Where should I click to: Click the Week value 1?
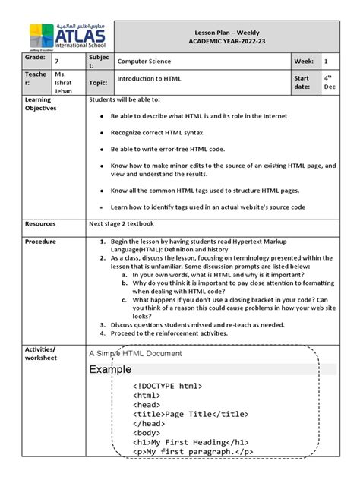pyautogui.click(x=326, y=62)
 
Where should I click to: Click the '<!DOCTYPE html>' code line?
pyautogui.click(x=167, y=387)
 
